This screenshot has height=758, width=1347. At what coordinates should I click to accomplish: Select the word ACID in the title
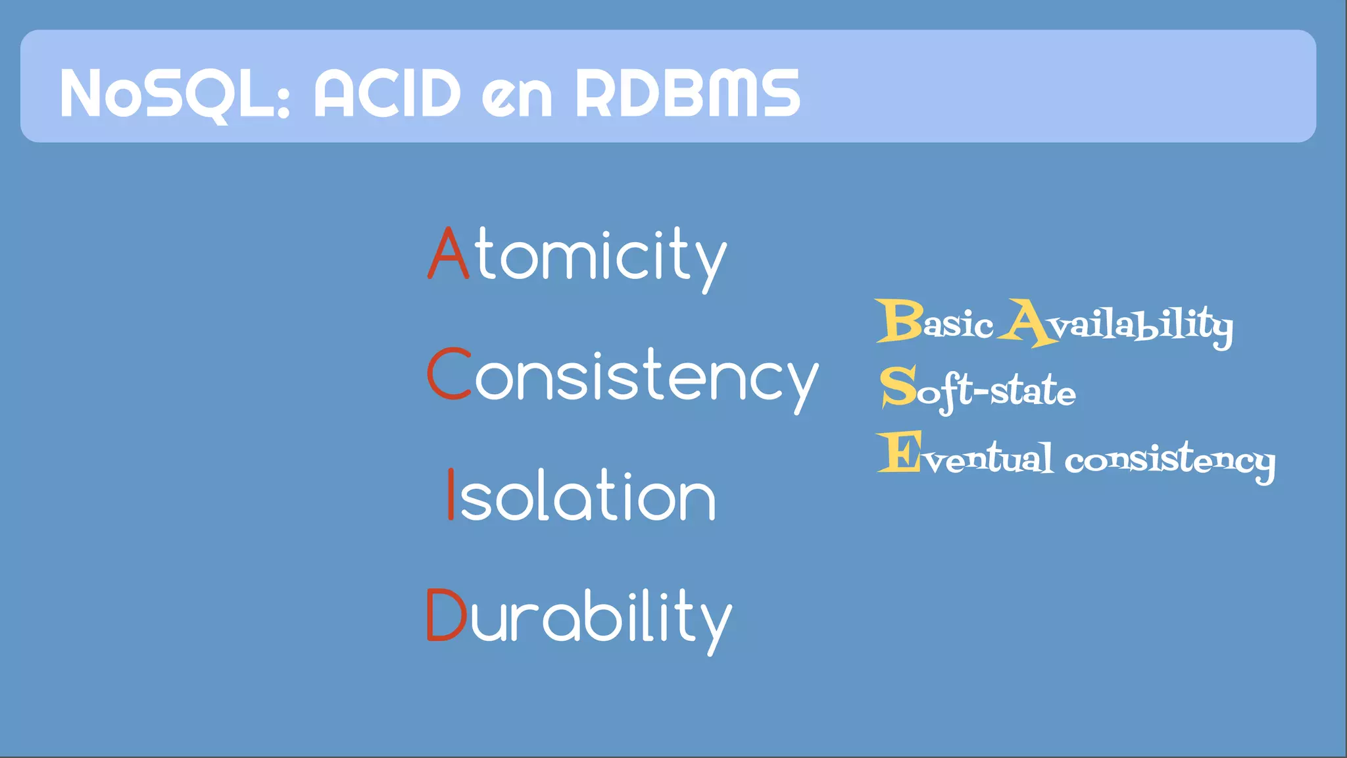tap(387, 93)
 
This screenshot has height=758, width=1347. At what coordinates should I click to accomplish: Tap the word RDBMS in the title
tap(687, 93)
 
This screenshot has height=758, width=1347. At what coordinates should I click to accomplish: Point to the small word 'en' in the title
tap(517, 99)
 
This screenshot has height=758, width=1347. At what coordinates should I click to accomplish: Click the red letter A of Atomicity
tap(449, 253)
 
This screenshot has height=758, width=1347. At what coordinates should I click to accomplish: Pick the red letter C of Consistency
tap(449, 374)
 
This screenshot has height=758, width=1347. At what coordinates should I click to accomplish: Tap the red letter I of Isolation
tap(451, 494)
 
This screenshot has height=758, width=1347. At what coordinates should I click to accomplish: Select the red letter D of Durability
tap(446, 615)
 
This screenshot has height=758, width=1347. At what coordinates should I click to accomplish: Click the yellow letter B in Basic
tap(899, 321)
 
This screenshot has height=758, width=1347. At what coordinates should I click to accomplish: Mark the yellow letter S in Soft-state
tap(898, 387)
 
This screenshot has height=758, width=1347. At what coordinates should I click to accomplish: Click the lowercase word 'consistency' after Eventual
tap(1169, 461)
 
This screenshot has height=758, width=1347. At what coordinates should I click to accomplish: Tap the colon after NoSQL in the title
tap(283, 102)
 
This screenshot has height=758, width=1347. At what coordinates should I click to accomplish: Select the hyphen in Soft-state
tap(981, 392)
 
